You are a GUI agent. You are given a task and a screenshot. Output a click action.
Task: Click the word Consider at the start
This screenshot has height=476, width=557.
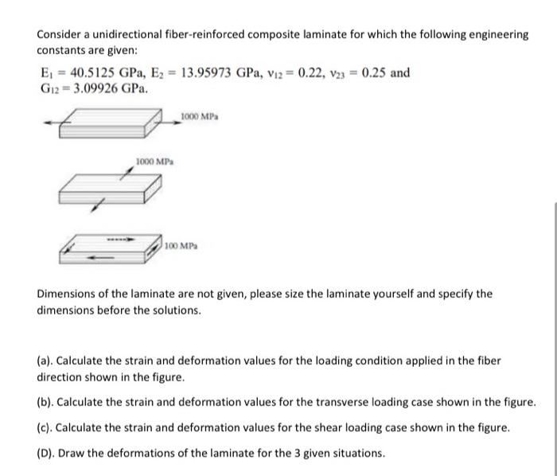coord(60,35)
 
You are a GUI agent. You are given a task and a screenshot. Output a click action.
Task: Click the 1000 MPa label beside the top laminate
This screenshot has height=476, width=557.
coord(200,117)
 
